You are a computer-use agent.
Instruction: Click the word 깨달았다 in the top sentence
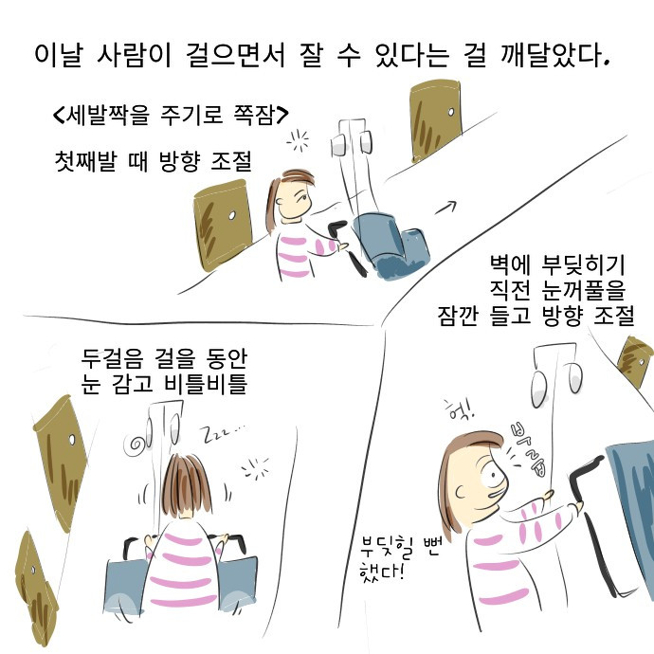point(554,54)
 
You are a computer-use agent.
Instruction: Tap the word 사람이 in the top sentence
point(135,54)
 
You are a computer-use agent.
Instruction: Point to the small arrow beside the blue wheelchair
point(445,208)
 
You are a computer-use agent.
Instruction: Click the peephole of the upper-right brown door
point(451,112)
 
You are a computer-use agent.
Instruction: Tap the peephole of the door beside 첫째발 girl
point(232,216)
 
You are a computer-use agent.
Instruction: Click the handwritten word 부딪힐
point(386,548)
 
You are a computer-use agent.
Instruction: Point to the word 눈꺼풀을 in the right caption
point(584,290)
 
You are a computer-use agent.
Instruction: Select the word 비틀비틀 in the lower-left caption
point(206,384)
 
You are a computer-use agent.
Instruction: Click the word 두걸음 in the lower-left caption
point(111,358)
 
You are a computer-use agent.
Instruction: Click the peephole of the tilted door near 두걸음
point(71,440)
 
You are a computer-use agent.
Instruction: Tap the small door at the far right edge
point(636,361)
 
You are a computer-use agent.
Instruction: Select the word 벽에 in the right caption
point(510,264)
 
